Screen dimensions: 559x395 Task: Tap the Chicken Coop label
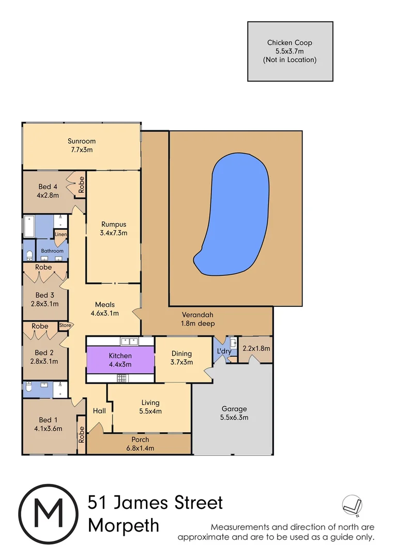coord(290,51)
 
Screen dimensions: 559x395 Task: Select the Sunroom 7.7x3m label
coord(82,145)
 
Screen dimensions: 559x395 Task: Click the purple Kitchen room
coord(120,360)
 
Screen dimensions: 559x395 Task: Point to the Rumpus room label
coord(113,229)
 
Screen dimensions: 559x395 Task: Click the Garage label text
coord(235,413)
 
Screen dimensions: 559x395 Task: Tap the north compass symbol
coord(352,505)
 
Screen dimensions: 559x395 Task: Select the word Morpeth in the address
coord(124,525)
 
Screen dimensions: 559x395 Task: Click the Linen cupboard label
coord(61,234)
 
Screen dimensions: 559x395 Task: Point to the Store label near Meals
coord(65,326)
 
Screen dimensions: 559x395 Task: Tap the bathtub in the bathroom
coord(37,226)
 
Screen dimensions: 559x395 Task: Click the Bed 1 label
coord(51,424)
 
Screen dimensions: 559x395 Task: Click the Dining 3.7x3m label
coord(181,358)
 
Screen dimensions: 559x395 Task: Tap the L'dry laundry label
coord(224,351)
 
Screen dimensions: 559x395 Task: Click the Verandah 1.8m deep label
coord(197,319)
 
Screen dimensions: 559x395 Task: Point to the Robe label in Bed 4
coord(81,184)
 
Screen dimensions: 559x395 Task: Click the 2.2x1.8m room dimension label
coord(257,348)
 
